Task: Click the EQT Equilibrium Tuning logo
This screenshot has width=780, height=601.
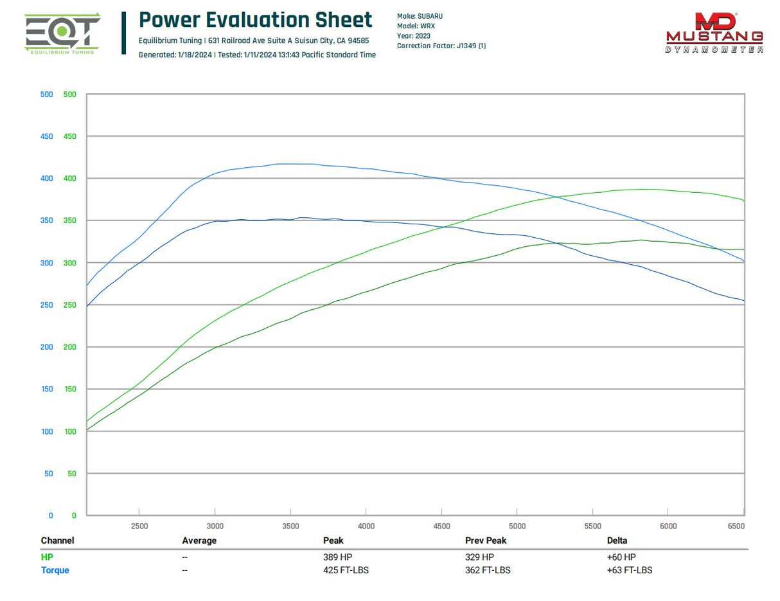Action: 62,33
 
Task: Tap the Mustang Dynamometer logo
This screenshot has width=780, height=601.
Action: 714,33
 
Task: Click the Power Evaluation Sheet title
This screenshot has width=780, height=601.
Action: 255,20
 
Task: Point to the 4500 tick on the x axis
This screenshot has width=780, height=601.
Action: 441,526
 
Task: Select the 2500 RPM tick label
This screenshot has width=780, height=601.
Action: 139,526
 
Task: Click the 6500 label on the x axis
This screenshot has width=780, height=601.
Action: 736,526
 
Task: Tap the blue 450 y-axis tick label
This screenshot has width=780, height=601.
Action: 47,136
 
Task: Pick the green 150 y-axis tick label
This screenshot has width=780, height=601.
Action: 69,389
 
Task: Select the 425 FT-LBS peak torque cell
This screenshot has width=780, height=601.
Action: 346,570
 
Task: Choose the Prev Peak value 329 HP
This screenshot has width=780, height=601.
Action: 479,557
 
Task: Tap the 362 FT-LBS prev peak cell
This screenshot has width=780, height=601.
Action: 488,570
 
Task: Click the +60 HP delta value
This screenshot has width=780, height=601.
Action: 621,557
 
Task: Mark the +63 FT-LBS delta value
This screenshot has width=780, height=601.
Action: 629,570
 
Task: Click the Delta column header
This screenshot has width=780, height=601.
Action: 617,541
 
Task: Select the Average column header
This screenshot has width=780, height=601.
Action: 199,541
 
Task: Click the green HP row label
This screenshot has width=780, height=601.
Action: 47,557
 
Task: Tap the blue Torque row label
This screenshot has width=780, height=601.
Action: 55,570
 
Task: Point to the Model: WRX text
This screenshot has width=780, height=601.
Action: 416,26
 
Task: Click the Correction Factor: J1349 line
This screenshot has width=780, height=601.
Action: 441,46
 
